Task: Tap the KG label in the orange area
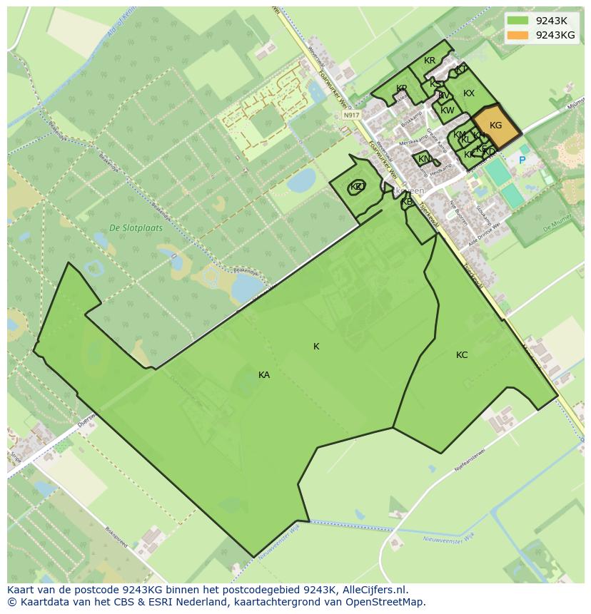click(495, 126)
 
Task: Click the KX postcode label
click(469, 93)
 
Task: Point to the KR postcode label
click(430, 61)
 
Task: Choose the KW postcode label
click(448, 111)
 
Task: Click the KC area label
click(462, 354)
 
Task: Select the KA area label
click(264, 374)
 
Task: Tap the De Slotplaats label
click(136, 228)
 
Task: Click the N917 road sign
click(350, 115)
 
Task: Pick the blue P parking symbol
click(522, 160)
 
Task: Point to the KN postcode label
click(424, 159)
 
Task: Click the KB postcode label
click(407, 202)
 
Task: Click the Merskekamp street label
click(412, 143)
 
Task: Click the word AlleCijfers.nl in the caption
click(372, 590)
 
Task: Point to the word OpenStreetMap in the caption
click(389, 602)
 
